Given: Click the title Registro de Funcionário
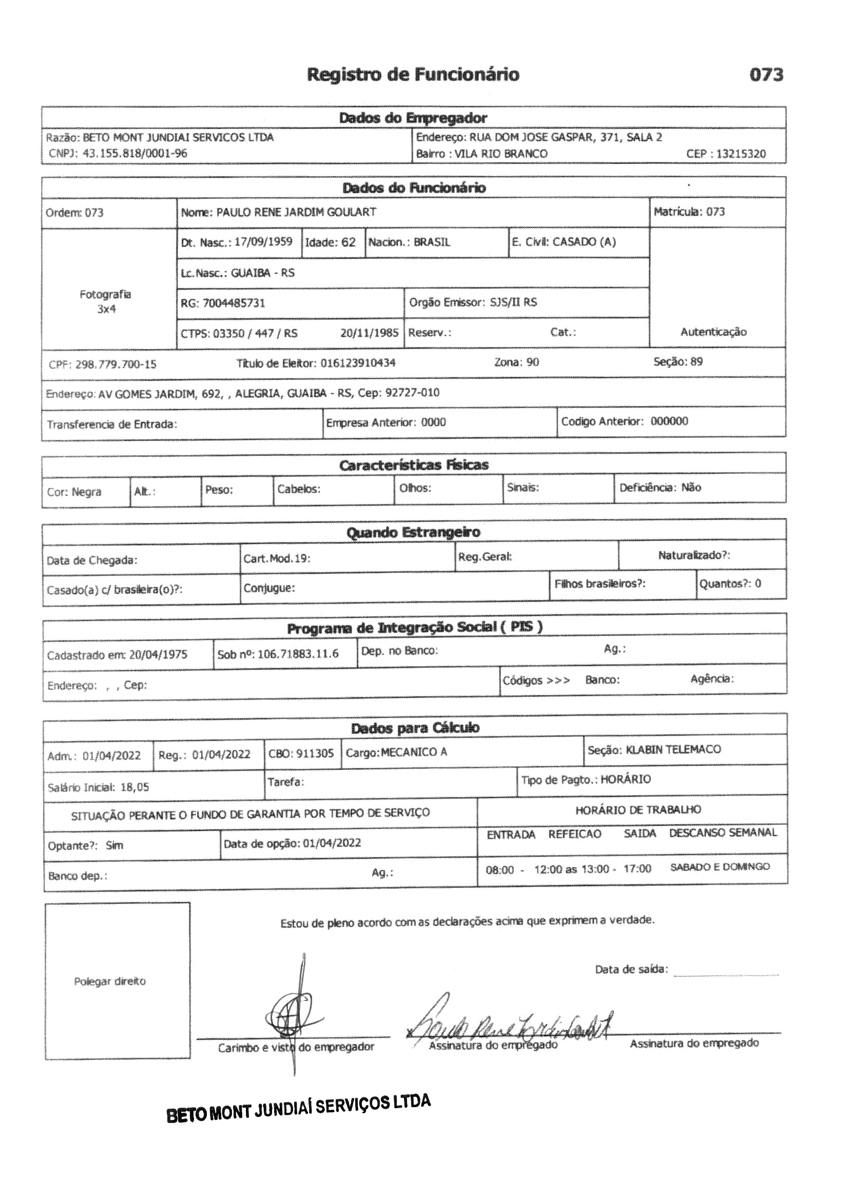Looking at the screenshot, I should tap(413, 75).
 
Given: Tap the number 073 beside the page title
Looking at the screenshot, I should tap(766, 75).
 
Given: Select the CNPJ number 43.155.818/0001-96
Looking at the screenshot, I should tap(135, 153).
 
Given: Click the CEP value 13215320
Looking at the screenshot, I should tap(741, 153).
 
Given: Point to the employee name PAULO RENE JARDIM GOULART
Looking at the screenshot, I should tap(296, 212).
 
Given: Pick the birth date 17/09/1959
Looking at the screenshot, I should tap(263, 242).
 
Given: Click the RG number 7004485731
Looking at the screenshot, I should tap(234, 303).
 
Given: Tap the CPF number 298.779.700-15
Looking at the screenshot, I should tap(115, 364).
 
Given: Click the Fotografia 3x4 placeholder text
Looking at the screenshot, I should tap(106, 302).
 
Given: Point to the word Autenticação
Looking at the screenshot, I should tap(713, 332).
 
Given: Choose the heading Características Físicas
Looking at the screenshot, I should tap(414, 465).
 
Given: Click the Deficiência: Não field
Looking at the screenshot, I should tap(660, 488).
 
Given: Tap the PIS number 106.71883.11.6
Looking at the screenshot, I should tap(298, 654).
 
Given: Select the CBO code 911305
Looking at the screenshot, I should tap(315, 753).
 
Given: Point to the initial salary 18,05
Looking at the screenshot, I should tap(134, 787).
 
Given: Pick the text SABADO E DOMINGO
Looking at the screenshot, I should tap(720, 867).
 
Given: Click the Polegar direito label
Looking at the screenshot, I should tap(110, 981).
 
